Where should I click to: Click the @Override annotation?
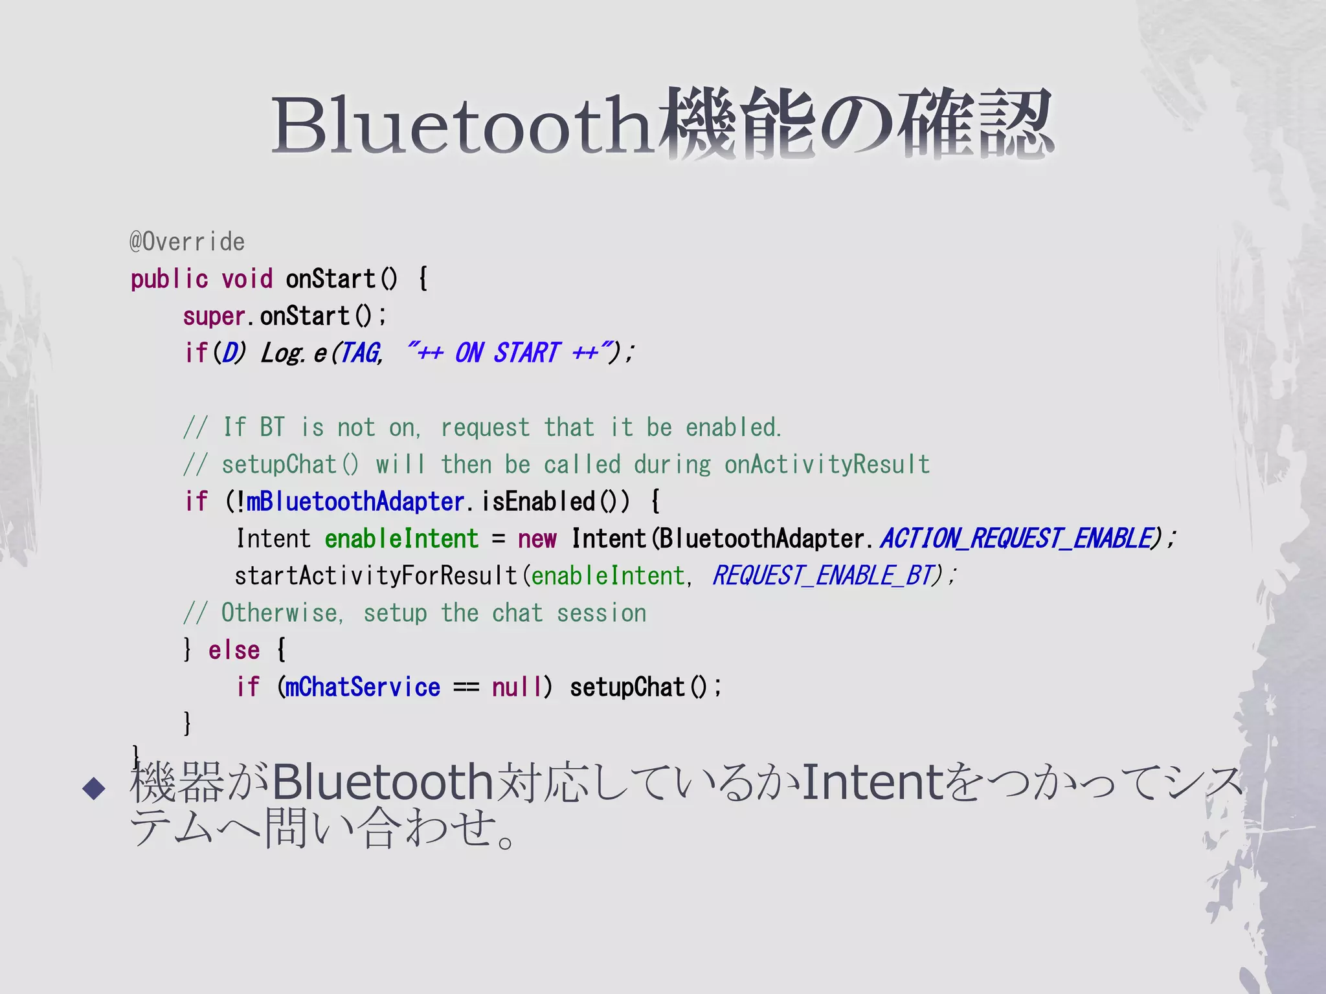187,242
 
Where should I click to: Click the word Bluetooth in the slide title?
461,125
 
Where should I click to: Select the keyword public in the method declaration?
169,280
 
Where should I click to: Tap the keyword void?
247,280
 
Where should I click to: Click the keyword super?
214,316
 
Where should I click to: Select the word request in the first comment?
485,428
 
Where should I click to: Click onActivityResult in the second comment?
827,465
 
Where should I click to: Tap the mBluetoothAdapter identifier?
355,502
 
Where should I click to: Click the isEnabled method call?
538,502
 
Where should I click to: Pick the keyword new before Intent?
537,539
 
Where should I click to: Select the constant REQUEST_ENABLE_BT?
823,576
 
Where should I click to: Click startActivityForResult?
376,576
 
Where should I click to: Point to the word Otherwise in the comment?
279,613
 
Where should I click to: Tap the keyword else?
234,650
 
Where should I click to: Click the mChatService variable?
363,687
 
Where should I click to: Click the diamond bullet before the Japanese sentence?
95,788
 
